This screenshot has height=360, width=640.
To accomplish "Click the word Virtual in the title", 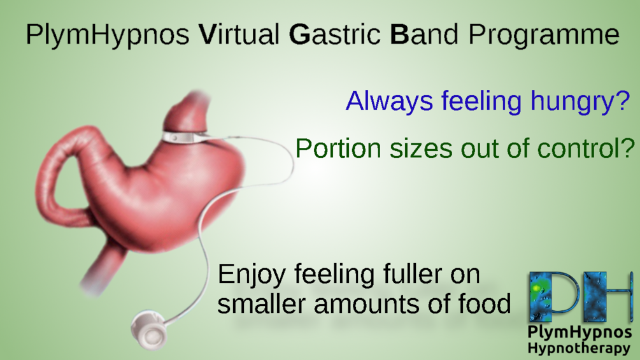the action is click(239, 34).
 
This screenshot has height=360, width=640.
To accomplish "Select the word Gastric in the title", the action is click(335, 34).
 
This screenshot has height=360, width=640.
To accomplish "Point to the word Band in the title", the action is click(424, 34).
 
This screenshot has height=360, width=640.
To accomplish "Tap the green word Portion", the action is click(339, 148).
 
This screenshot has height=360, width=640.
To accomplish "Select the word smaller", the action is click(261, 304).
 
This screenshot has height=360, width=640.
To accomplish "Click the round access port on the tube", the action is click(150, 331).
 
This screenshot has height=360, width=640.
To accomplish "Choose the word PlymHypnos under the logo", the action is click(580, 333).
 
